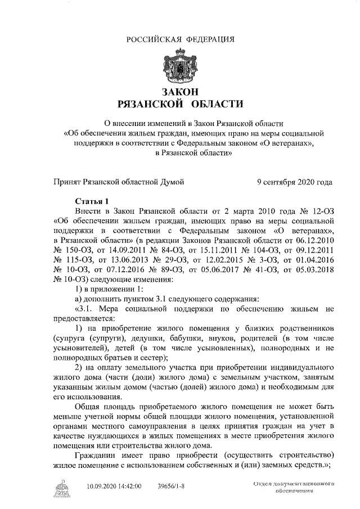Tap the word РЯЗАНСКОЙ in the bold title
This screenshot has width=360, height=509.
tap(147, 104)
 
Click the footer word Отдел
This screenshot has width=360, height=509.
tap(263, 483)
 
